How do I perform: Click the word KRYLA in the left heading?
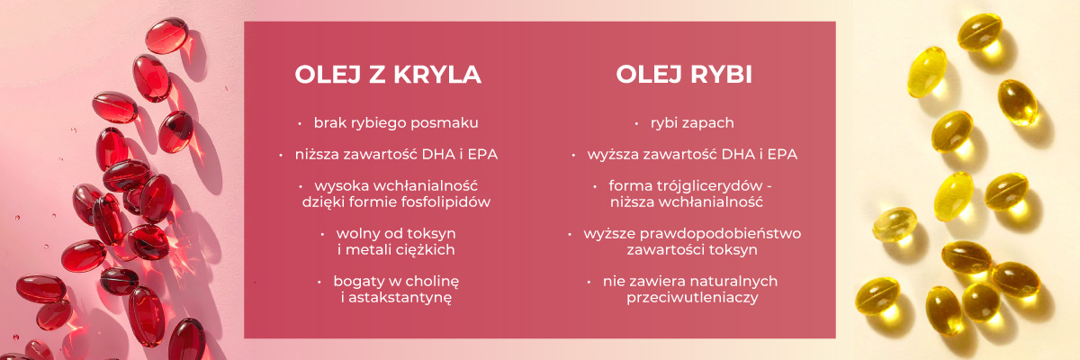[437, 74]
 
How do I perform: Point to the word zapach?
[711, 123]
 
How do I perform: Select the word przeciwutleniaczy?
[692, 297]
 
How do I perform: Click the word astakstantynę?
[400, 298]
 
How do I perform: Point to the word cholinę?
[431, 282]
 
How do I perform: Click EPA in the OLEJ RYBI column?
[782, 155]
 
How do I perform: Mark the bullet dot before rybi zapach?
[637, 124]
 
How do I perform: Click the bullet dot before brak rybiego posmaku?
[300, 124]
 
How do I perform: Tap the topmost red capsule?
[166, 36]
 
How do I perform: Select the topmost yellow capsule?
[980, 31]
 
